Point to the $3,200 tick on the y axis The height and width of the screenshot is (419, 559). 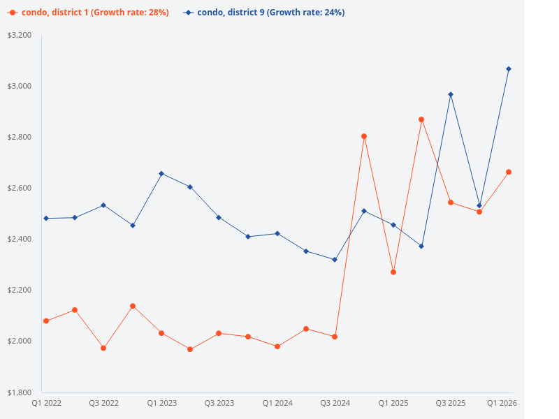click(x=19, y=35)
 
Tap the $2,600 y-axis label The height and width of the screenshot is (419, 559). click(x=19, y=188)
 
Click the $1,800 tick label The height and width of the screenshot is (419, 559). click(x=19, y=392)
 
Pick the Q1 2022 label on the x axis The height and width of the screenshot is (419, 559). click(x=46, y=403)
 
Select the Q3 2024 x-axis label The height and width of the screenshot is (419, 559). click(x=335, y=403)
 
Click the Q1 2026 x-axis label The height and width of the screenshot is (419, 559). click(x=502, y=403)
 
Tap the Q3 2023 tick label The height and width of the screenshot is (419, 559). click(x=219, y=403)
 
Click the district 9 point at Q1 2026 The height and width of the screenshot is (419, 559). click(x=509, y=69)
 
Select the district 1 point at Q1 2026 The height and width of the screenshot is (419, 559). click(x=509, y=172)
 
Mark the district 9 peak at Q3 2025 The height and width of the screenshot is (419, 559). click(x=451, y=94)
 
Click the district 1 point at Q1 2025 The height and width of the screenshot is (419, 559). click(x=393, y=272)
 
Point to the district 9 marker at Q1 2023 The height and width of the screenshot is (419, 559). click(x=161, y=173)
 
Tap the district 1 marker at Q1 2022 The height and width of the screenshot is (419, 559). click(x=46, y=321)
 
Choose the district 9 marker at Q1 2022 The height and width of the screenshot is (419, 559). click(x=46, y=219)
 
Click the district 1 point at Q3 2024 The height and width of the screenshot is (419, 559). click(x=335, y=337)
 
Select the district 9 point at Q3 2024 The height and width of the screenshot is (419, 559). click(x=335, y=260)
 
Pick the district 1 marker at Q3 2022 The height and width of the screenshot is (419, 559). click(x=103, y=348)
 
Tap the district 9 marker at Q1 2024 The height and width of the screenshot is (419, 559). click(x=277, y=233)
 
